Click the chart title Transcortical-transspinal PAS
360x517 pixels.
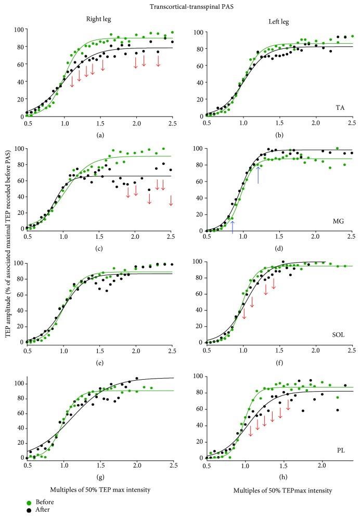coord(180,6)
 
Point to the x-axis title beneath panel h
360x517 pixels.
coord(279,490)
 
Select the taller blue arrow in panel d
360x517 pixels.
coord(259,174)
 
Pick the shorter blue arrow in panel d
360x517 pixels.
coord(233,226)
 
